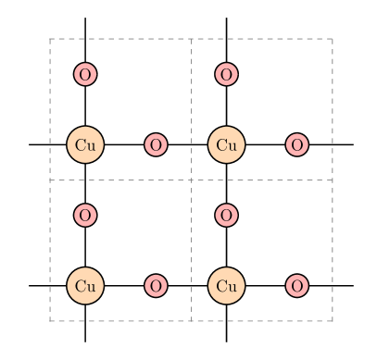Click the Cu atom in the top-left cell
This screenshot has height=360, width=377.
(85, 144)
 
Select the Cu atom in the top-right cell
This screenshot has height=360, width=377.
(226, 144)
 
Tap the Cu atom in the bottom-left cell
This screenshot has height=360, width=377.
(85, 285)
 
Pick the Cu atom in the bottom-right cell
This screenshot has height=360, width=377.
(226, 285)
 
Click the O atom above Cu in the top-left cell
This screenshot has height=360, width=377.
(85, 74)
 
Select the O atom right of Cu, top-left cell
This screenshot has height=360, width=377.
(156, 144)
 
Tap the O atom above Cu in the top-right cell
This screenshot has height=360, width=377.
(226, 74)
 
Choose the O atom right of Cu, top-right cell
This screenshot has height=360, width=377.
(296, 144)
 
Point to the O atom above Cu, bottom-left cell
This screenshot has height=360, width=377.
(85, 215)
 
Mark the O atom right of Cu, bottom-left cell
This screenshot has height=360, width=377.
(156, 285)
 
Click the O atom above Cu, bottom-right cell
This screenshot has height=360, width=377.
(226, 215)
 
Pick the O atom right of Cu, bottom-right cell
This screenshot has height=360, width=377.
(296, 285)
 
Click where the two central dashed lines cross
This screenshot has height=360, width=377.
(191, 180)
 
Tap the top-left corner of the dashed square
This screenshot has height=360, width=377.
(50, 39)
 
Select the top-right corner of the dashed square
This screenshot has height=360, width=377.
(332, 39)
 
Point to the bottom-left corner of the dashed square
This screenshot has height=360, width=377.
(50, 320)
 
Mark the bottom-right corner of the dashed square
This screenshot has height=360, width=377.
(332, 320)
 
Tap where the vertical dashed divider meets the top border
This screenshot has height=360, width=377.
(191, 39)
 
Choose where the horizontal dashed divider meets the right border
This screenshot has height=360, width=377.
(332, 180)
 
